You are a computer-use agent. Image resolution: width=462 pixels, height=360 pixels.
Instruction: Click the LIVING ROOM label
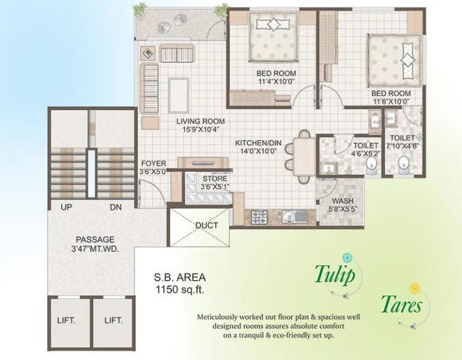[x=200, y=121]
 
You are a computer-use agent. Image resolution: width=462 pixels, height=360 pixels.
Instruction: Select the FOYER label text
[x=154, y=163]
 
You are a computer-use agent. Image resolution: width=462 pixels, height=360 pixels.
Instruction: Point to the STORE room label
[x=214, y=178]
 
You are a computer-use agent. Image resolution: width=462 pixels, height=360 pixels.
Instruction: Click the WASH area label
[x=341, y=201]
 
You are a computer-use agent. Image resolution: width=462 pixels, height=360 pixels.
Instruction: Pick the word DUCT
[x=206, y=226]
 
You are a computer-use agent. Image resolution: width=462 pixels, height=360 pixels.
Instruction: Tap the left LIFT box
[x=66, y=320]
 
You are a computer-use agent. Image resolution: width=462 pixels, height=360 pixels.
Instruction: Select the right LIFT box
[x=113, y=320]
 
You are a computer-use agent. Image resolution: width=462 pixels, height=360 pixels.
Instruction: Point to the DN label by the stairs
[x=116, y=207]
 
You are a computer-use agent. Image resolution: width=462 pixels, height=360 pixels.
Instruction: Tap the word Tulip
[x=335, y=274]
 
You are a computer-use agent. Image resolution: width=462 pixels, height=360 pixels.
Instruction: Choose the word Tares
[x=401, y=305]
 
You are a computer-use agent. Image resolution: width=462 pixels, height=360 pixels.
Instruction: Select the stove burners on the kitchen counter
[x=259, y=214]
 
